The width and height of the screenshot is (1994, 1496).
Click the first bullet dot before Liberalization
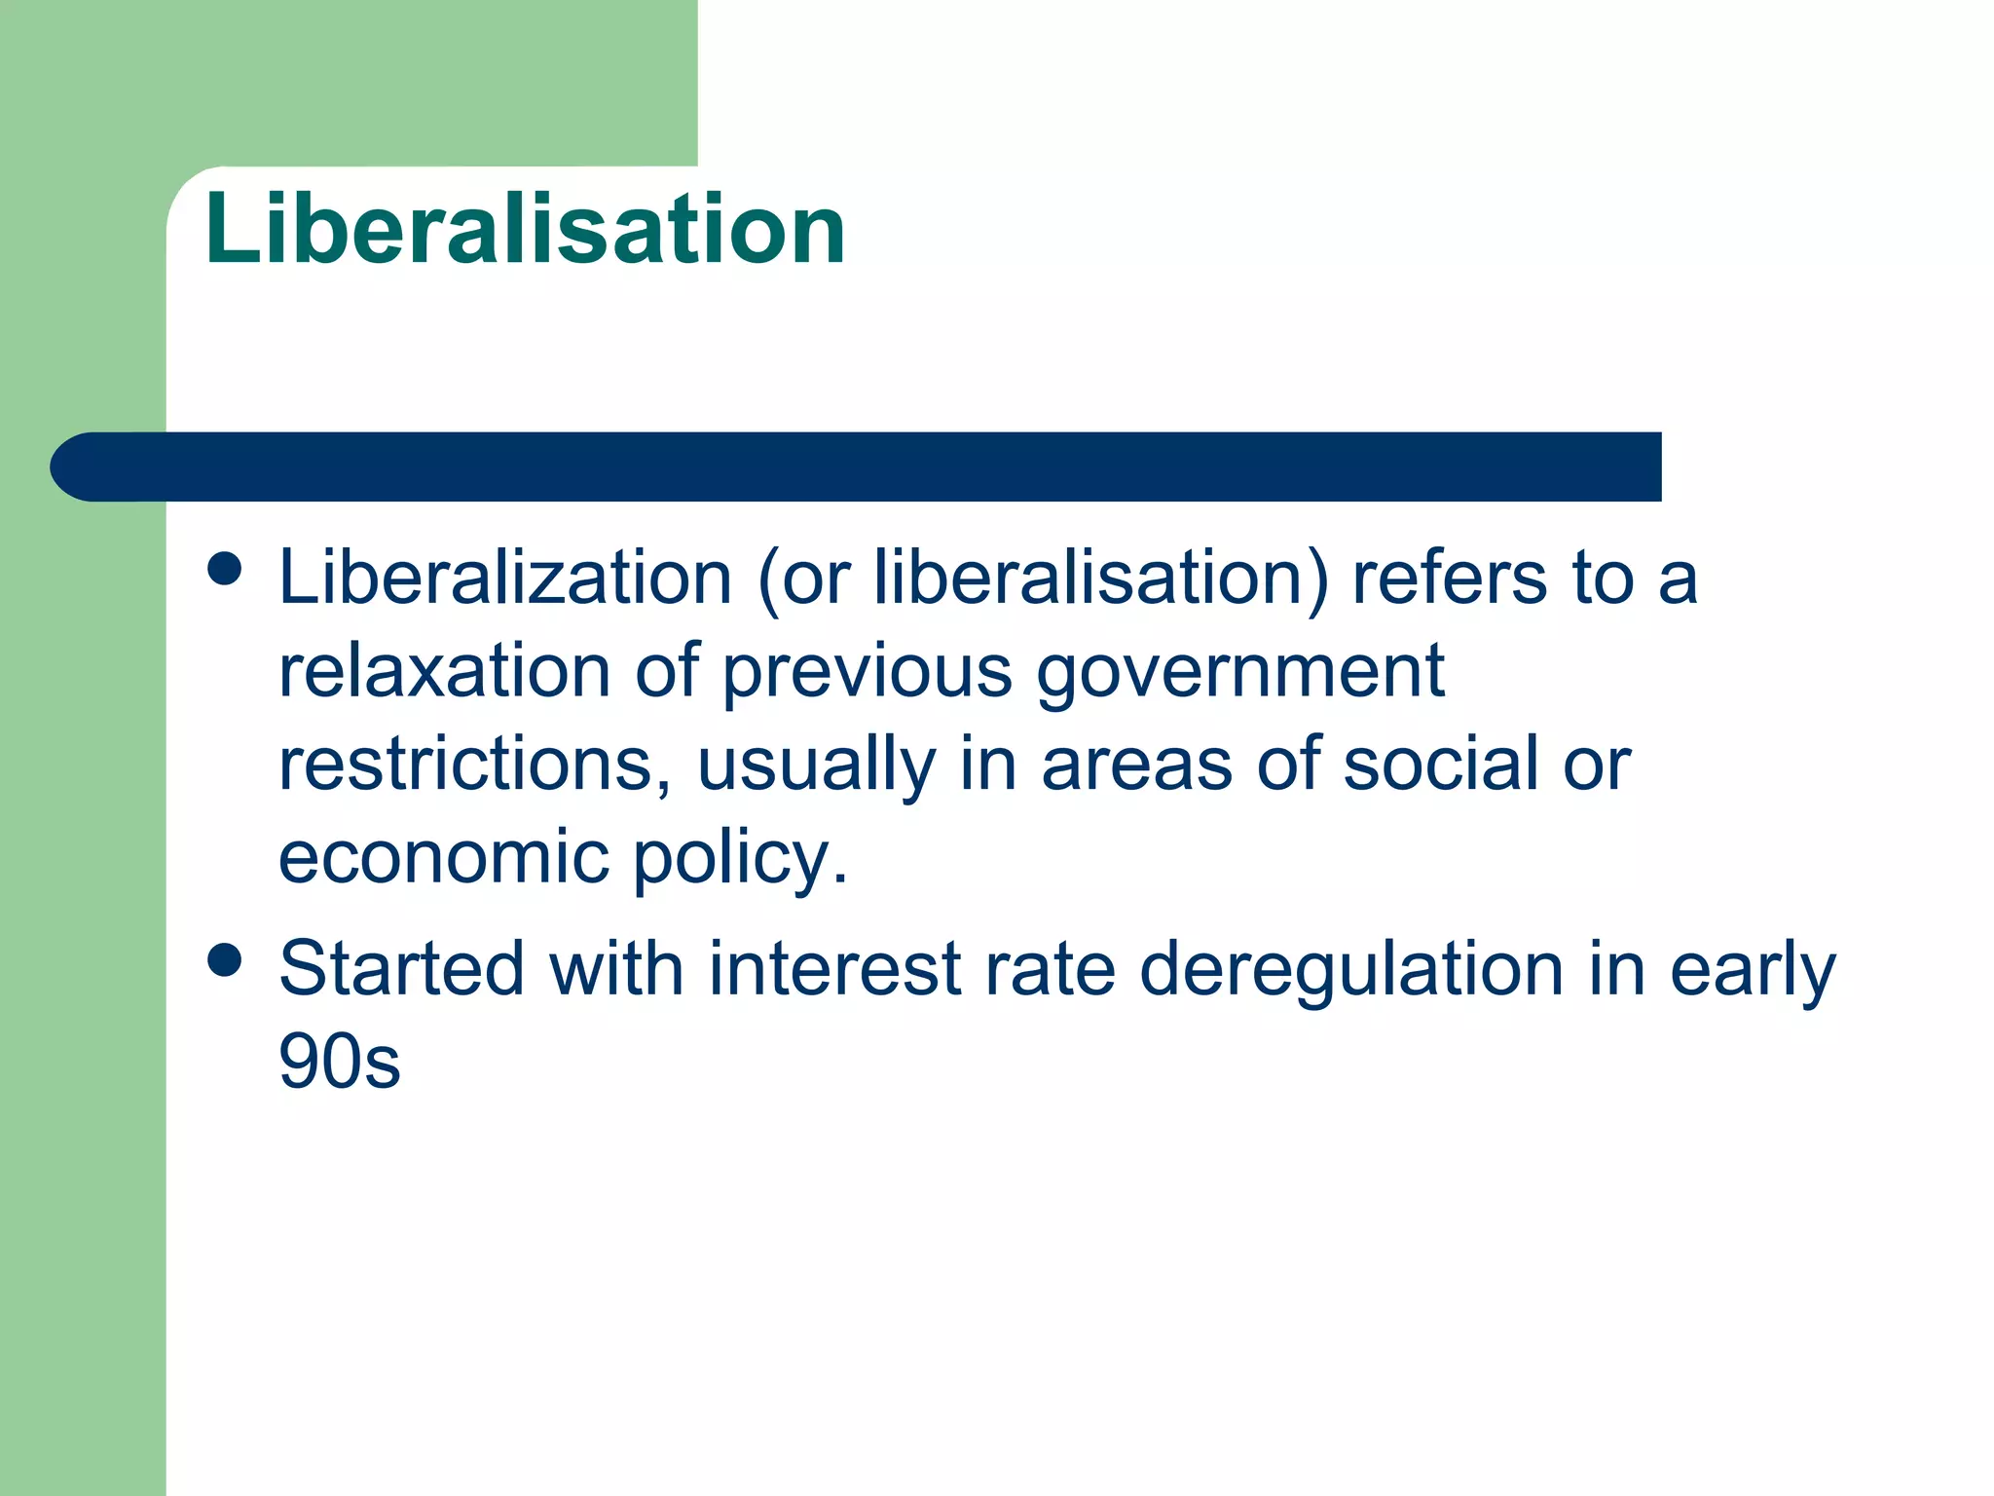[225, 570]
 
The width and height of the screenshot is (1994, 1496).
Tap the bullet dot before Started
[225, 960]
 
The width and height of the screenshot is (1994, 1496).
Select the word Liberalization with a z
[504, 578]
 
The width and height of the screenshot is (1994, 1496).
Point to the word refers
[1449, 578]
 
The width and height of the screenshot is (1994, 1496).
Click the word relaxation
[445, 671]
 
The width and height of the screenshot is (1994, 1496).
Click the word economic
[444, 857]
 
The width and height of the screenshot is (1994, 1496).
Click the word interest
[834, 969]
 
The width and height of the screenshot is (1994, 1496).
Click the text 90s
[339, 1062]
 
